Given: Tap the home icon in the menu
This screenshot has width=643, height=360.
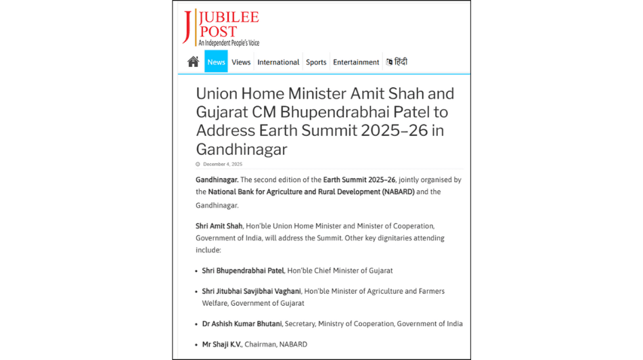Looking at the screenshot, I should pos(193,62).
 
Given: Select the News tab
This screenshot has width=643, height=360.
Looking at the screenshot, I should pos(216,62).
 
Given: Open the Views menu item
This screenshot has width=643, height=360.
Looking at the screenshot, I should pos(241,62).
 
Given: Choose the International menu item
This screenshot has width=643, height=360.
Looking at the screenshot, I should pos(278,62).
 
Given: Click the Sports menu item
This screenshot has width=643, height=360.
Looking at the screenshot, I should pos(316,62).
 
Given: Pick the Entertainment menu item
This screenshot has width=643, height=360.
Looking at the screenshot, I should pos(356,62).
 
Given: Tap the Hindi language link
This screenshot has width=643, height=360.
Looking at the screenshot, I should pos(397,62).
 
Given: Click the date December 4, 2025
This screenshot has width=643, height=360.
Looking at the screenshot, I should pos(223,164).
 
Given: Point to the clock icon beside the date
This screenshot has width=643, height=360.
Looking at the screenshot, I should pos(198,164).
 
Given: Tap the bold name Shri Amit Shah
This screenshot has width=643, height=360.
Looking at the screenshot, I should pos(219,226).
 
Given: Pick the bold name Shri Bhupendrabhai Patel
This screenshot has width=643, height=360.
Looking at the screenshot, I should pos(243,271).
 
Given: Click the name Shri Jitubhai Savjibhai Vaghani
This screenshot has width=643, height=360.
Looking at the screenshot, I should pos(251,291).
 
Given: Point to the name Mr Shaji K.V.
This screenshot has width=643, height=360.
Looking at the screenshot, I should pos(221,344).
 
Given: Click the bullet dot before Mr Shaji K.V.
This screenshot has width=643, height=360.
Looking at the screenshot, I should pos(196,344).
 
